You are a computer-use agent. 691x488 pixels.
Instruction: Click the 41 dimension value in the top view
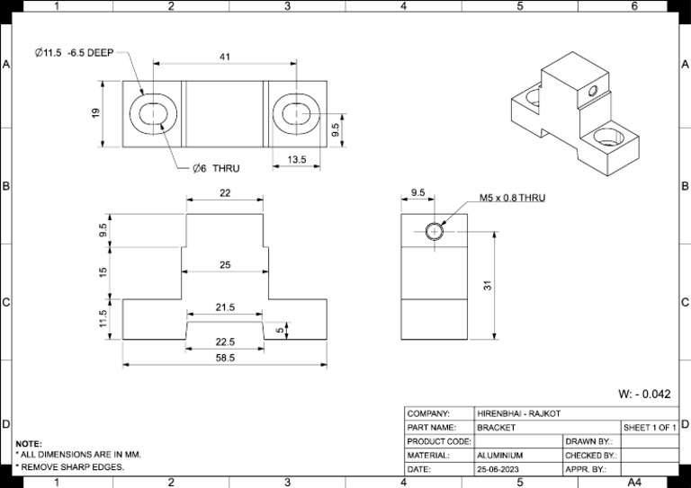pyautogui.click(x=225, y=57)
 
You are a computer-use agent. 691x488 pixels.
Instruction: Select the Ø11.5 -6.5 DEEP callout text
pyautogui.click(x=75, y=53)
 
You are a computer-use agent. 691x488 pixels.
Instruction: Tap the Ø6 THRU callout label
pyautogui.click(x=216, y=169)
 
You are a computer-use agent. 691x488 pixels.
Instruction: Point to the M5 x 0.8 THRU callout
pyautogui.click(x=512, y=198)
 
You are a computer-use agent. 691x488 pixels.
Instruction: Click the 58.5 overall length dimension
pyautogui.click(x=225, y=358)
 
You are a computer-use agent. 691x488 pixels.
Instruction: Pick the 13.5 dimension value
pyautogui.click(x=297, y=159)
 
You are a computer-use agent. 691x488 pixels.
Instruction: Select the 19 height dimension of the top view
pyautogui.click(x=96, y=113)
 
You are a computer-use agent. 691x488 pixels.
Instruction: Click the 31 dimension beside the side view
pyautogui.click(x=488, y=285)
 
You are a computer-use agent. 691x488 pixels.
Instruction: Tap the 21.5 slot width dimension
pyautogui.click(x=225, y=307)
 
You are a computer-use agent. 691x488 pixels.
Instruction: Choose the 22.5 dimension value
pyautogui.click(x=225, y=342)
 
